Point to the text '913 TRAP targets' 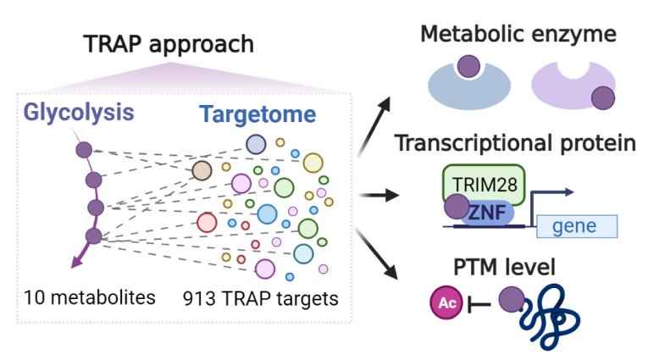click(x=259, y=297)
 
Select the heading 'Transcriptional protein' click(x=515, y=143)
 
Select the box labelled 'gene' click(x=576, y=225)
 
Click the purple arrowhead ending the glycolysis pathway click(x=76, y=263)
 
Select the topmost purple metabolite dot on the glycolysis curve click(x=84, y=151)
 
